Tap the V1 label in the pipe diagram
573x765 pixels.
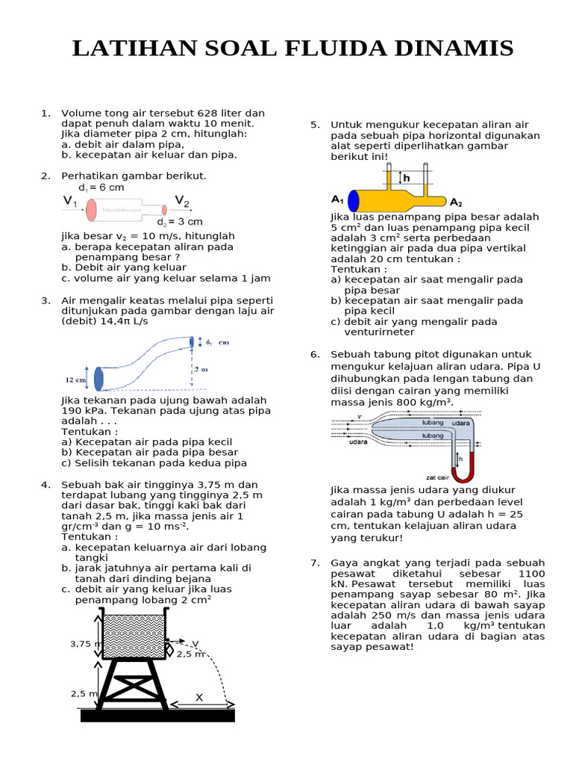[x=69, y=201]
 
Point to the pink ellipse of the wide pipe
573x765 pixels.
[x=92, y=210]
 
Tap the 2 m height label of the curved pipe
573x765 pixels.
[x=199, y=370]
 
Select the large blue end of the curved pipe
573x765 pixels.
[x=98, y=378]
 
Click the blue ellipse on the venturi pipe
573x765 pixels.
[x=354, y=200]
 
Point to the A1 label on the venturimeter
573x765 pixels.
[x=337, y=199]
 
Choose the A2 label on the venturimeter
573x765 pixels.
[x=457, y=202]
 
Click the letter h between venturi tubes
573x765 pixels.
[x=407, y=178]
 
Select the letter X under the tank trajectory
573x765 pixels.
[x=199, y=697]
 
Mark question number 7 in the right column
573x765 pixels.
[x=315, y=563]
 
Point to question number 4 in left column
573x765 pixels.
[x=46, y=485]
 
